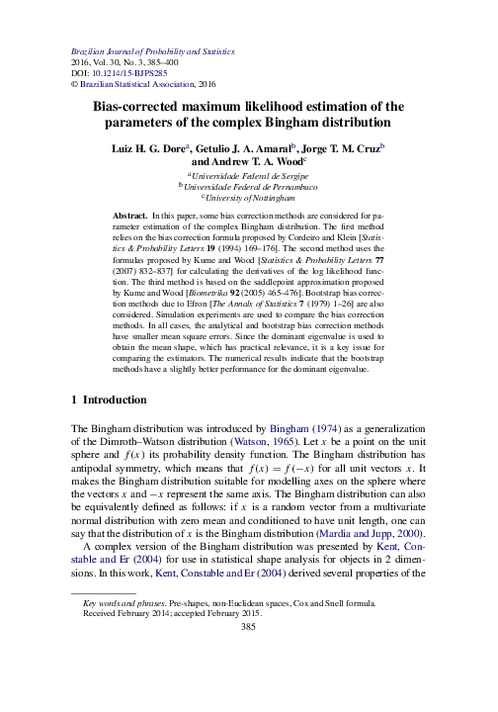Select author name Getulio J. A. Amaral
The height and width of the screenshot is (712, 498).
[268, 146]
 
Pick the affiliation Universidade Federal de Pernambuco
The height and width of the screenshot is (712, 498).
[254, 185]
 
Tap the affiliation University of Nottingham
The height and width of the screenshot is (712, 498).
[252, 197]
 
